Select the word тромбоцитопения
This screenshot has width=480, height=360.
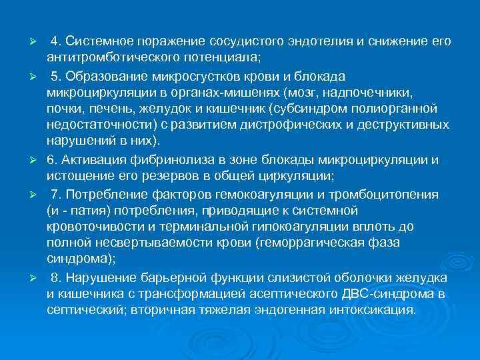pos(385,194)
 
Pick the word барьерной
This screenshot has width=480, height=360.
pos(166,277)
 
